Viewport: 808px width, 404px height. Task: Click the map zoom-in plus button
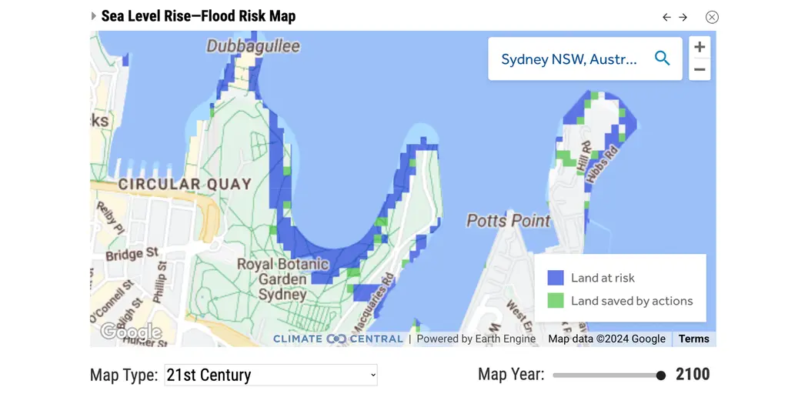click(699, 47)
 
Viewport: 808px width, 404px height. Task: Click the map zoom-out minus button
click(699, 69)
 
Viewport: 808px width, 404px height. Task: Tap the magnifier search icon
click(662, 58)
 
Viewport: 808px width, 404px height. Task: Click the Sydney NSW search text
click(569, 59)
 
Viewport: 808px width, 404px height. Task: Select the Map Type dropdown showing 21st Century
click(271, 375)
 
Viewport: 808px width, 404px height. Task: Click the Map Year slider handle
click(661, 376)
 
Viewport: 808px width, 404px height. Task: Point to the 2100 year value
click(693, 375)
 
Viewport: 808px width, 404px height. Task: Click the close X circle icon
click(712, 17)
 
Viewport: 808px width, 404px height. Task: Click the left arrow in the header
click(666, 17)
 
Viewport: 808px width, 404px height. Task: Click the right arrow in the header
click(683, 17)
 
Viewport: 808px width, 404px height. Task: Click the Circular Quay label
click(185, 184)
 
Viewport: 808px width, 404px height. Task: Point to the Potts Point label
click(509, 221)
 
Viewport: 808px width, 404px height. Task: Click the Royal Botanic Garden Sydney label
click(282, 279)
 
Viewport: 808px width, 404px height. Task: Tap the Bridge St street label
click(132, 254)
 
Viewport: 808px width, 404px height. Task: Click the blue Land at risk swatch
click(556, 278)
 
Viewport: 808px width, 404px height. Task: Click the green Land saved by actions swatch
click(556, 301)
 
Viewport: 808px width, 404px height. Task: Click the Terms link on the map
click(693, 339)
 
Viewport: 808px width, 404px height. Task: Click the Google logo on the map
click(131, 332)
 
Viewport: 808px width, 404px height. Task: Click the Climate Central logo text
click(338, 339)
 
